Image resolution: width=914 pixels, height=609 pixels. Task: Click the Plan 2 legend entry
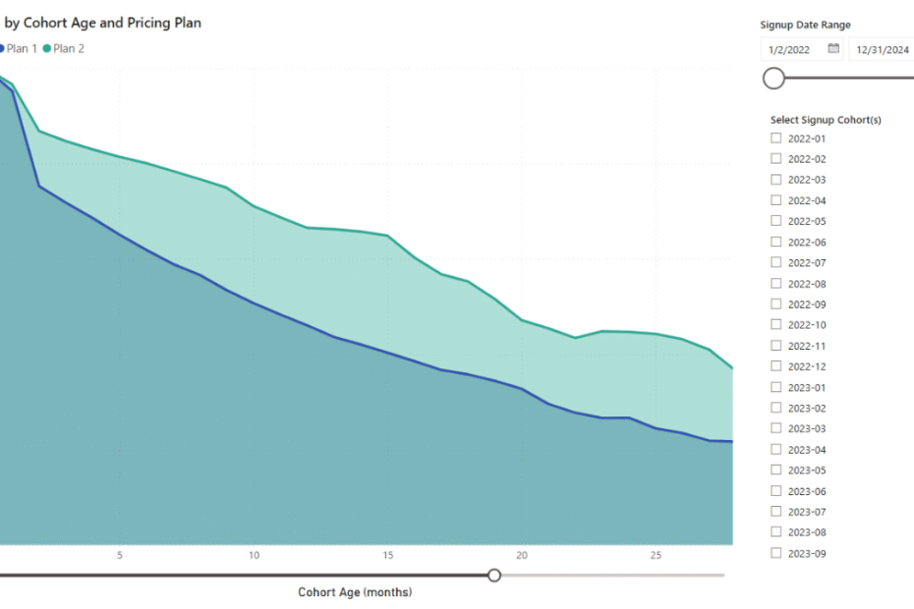point(64,48)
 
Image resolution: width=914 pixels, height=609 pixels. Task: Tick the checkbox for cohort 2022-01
point(776,138)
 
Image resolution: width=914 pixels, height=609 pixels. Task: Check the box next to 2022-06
point(776,242)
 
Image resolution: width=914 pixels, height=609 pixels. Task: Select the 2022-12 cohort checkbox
point(776,366)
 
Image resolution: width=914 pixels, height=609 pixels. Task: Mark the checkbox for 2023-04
point(776,449)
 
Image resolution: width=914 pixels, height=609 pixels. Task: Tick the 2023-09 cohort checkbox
point(776,553)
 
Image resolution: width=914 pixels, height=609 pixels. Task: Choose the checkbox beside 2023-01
point(776,387)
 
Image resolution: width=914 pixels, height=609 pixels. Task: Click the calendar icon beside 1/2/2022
point(833,48)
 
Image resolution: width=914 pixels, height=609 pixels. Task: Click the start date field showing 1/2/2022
point(792,49)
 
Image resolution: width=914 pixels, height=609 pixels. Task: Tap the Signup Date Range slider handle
point(774,78)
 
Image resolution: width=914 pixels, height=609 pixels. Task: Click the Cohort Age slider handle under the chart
point(494,575)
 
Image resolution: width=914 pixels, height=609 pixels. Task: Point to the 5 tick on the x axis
point(120,555)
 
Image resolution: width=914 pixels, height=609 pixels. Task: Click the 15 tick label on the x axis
point(388,555)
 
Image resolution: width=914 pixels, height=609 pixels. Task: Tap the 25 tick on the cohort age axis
point(656,555)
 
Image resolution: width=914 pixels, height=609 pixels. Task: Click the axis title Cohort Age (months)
point(355,592)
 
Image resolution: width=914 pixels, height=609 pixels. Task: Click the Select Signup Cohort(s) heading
point(826,120)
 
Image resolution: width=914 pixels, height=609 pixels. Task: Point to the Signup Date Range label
point(805,25)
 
